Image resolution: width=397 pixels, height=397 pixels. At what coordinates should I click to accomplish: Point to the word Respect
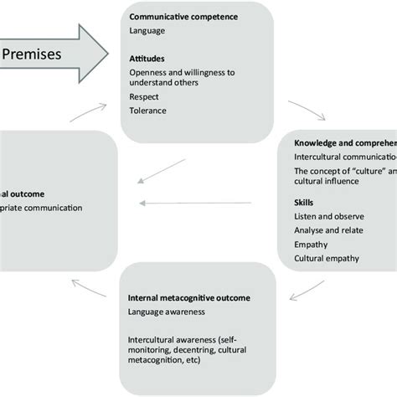tap(144, 97)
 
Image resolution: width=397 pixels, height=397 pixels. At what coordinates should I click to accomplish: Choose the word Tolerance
tap(148, 111)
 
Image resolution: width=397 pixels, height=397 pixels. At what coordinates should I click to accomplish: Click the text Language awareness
tap(168, 312)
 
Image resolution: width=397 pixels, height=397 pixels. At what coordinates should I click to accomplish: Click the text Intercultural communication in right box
tap(344, 157)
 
